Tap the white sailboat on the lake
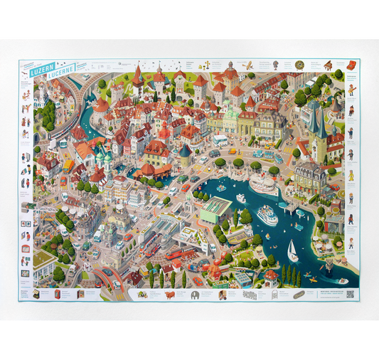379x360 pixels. (292, 250)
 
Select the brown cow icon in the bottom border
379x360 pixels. (170, 294)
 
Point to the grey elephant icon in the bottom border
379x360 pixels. (194, 294)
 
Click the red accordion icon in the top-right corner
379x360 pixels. (351, 65)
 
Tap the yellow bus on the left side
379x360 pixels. (69, 165)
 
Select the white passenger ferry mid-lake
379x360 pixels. (267, 215)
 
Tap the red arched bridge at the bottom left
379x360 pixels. (107, 272)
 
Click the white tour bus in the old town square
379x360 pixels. (220, 140)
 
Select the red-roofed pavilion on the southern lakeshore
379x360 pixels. (271, 274)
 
